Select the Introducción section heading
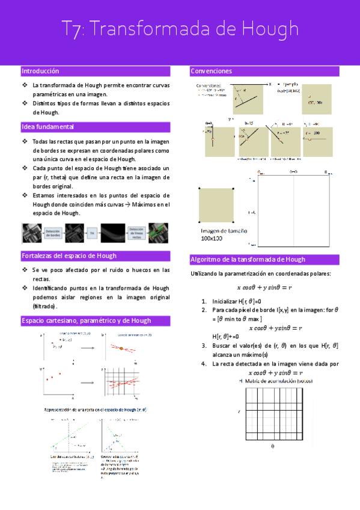[x=40, y=71]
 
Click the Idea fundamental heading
[x=47, y=127]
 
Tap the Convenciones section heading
[x=211, y=72]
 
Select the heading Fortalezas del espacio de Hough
[x=69, y=255]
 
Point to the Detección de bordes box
[x=52, y=232]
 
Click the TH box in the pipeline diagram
[x=92, y=232]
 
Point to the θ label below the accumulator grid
[x=272, y=447]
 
